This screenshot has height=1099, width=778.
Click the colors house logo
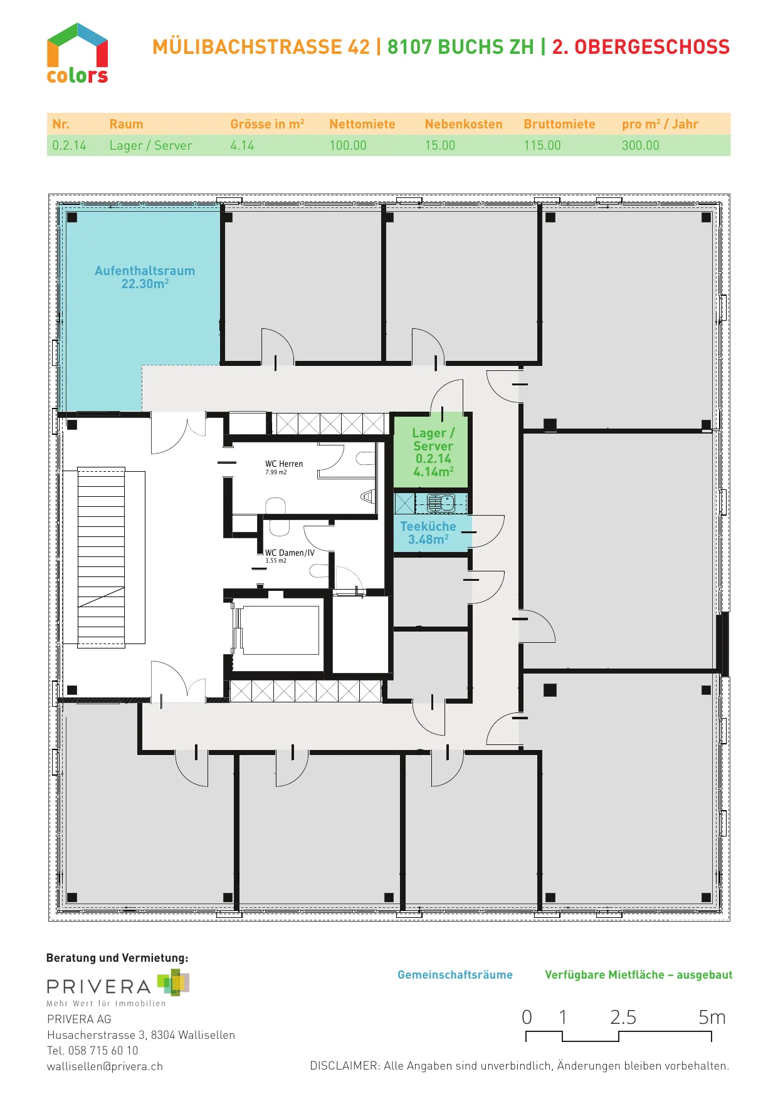(77, 53)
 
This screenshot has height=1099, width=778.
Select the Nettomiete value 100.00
(348, 145)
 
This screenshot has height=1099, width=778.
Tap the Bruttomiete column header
(559, 124)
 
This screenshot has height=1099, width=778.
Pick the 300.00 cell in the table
(641, 145)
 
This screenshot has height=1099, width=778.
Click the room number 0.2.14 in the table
(69, 145)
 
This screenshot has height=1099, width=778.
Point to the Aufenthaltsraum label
(145, 271)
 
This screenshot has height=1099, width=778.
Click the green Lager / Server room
(431, 451)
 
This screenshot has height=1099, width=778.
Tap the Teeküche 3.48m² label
(428, 533)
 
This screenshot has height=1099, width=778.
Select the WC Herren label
(284, 464)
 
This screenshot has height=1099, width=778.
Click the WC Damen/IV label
(290, 553)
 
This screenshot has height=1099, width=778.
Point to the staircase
(101, 557)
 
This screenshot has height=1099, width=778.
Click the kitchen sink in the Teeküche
(441, 503)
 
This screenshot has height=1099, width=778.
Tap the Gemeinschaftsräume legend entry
(455, 975)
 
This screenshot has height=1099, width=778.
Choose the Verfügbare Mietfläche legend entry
(638, 975)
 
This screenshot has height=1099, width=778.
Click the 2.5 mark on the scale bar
(623, 1017)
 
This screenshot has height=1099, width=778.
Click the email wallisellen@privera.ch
(105, 1066)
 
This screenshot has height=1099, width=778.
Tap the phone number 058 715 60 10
(103, 1050)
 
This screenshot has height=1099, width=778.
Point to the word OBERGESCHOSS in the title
(652, 47)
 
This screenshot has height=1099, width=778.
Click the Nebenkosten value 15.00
(440, 145)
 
